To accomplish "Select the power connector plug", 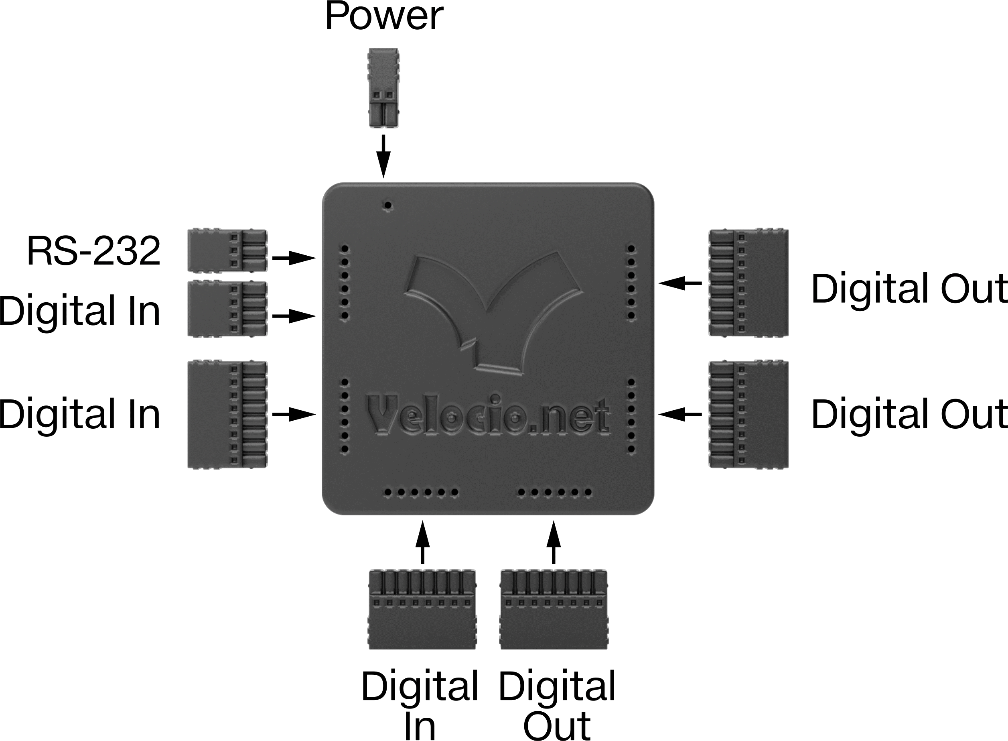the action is coord(383,88).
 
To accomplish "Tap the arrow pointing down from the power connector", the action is coord(383,156).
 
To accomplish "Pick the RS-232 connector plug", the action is coord(227,250).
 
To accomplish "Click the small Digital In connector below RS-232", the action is coord(227,309).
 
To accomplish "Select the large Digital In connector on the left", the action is coord(227,415).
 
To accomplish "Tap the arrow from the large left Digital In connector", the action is coord(294,415).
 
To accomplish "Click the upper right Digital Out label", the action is coord(909,289).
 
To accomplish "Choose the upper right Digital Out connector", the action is coord(748,282).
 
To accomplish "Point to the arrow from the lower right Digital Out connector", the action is coord(680,415).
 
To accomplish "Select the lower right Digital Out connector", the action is coord(748,415).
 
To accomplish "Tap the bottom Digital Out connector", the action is coord(554,609).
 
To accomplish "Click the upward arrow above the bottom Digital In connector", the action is coord(422,542).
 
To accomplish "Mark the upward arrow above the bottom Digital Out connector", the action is coord(554,542).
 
